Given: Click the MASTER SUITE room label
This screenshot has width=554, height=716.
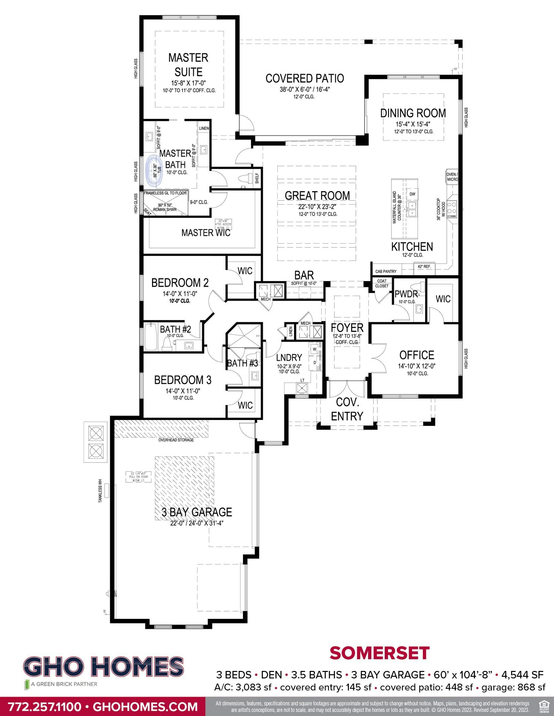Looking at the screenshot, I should (x=188, y=65).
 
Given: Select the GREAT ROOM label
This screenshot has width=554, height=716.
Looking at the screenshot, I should (x=317, y=196).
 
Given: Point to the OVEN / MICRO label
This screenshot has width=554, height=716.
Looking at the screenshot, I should (x=452, y=177).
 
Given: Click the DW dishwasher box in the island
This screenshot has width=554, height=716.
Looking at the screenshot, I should (x=412, y=194).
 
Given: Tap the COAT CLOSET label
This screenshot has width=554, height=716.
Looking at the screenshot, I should (x=382, y=283).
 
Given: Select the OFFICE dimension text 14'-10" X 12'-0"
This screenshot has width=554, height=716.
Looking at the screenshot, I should (x=417, y=366).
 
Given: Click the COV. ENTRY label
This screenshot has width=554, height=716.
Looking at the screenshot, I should (x=347, y=409).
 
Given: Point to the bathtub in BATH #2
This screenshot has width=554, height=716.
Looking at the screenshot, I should (x=151, y=337).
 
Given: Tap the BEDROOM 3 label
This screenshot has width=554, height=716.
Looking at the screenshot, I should (x=183, y=380).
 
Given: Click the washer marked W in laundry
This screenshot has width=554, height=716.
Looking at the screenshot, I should (x=314, y=349).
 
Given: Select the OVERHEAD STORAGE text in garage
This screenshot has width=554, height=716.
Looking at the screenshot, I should (x=176, y=440).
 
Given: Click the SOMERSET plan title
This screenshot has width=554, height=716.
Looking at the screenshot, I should (x=379, y=653).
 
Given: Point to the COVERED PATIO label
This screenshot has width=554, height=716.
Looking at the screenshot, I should (x=304, y=79).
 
